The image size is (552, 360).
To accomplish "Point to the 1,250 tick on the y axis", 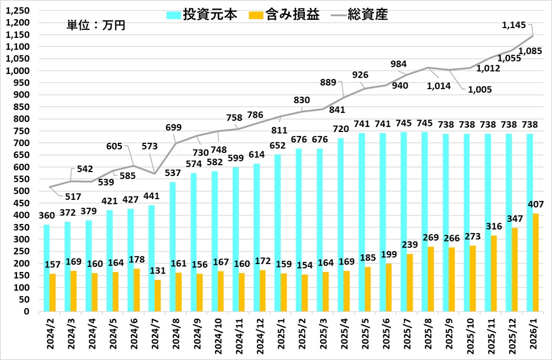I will [20, 11].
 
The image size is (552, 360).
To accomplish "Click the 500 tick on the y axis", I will [24, 191].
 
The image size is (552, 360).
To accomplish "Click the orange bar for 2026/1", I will [535, 262].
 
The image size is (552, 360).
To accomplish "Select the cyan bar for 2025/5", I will [362, 222].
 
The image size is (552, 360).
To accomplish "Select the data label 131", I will [157, 271].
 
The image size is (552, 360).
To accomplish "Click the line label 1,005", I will [480, 89].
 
